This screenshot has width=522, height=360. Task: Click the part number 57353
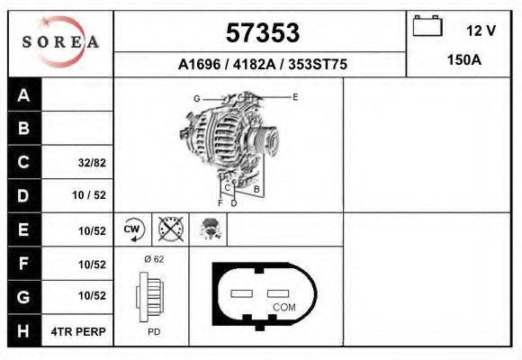[x=261, y=33]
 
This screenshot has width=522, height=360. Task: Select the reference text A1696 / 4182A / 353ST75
[x=262, y=65]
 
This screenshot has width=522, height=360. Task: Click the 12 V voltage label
[x=481, y=31]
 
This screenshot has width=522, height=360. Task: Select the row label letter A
[x=23, y=95]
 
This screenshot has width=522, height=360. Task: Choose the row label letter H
[x=23, y=332]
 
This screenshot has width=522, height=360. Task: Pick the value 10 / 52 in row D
[x=88, y=196]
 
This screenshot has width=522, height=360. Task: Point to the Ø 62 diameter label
[x=153, y=259]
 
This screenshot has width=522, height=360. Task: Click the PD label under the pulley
[x=154, y=332]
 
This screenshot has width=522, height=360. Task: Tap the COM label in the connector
[x=284, y=307]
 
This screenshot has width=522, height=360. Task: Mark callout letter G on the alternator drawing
[x=196, y=98]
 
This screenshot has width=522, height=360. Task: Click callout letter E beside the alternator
[x=294, y=96]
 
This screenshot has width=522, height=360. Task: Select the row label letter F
[x=23, y=265]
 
